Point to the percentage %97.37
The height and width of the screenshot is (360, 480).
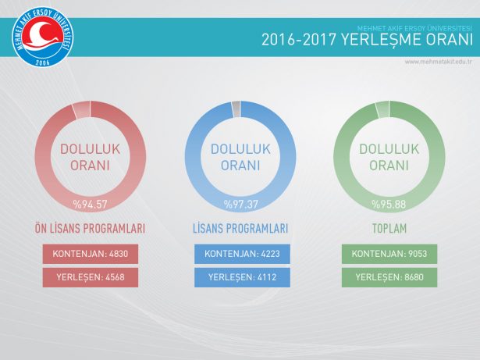tap(240, 205)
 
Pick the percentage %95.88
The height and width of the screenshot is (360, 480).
tap(388, 205)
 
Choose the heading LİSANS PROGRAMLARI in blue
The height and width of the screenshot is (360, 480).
tap(240, 229)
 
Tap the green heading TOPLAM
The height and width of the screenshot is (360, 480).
tap(389, 229)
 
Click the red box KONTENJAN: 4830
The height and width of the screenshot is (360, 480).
tap(90, 255)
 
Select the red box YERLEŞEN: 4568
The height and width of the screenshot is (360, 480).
tap(90, 276)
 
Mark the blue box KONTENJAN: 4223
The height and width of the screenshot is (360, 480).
tap(241, 255)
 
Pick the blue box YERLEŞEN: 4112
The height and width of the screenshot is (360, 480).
tap(241, 276)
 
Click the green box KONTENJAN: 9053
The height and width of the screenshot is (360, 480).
tap(389, 255)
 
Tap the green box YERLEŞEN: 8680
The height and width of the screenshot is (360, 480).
tap(389, 276)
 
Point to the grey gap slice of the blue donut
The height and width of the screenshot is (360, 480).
tap(236, 108)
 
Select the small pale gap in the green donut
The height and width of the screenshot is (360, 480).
tap(382, 109)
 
